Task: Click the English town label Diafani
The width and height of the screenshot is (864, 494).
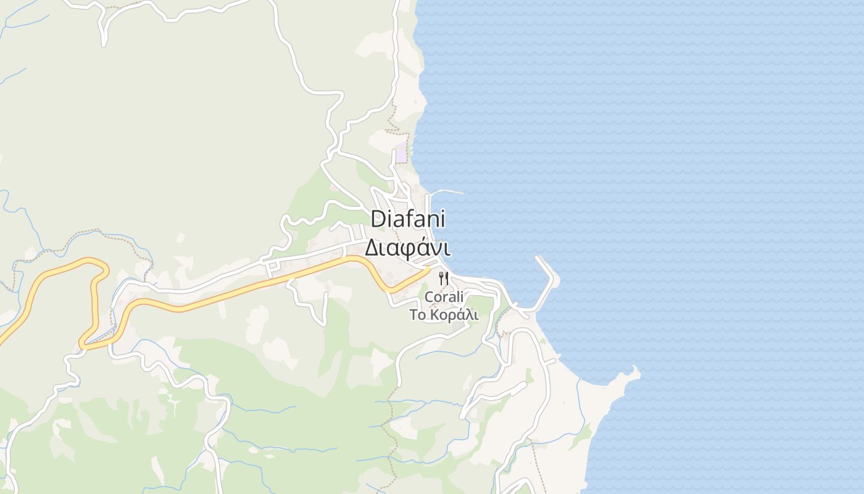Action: tap(408, 219)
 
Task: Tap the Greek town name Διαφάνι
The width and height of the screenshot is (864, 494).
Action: tap(407, 248)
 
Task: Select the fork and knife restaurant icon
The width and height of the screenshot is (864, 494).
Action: tap(443, 278)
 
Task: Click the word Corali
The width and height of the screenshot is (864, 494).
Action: tap(444, 297)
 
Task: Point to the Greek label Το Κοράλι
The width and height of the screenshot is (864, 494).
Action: tap(444, 314)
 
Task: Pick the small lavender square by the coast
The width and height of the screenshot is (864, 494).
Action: tap(401, 153)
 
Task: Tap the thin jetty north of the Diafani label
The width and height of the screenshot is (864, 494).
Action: tap(447, 191)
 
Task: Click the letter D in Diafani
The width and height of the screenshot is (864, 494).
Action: tap(378, 219)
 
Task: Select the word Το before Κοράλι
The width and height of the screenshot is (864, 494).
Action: tap(418, 314)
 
